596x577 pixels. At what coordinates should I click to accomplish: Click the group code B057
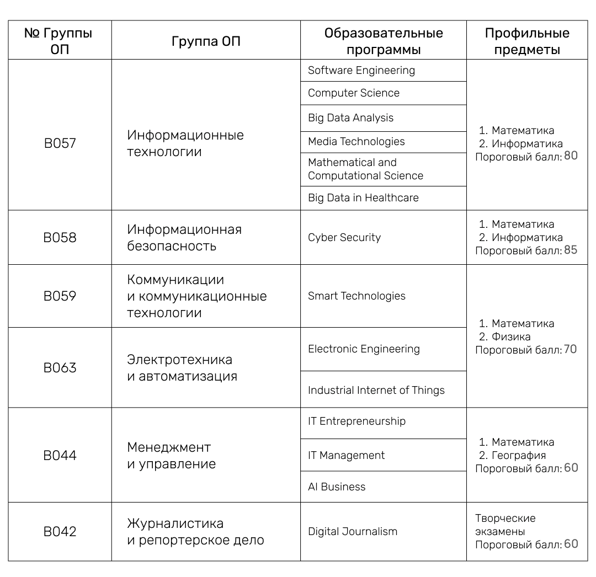point(60,143)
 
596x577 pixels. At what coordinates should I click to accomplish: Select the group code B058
point(60,238)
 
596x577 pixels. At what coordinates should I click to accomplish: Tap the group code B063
point(60,368)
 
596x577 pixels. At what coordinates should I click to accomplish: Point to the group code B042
point(60,532)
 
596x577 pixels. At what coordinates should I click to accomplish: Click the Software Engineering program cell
point(361,71)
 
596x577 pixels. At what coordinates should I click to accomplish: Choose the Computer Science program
point(354,93)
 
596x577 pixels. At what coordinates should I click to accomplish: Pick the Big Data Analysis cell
point(351,118)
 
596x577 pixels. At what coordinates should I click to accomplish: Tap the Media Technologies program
point(356,142)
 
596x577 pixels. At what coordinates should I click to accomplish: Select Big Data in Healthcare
point(363,198)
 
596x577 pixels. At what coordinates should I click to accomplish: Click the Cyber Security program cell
point(344,238)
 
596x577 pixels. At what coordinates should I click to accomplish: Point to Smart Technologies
point(356,296)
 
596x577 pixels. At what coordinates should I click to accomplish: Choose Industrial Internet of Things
point(376,391)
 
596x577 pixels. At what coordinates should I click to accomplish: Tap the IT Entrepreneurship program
point(356,421)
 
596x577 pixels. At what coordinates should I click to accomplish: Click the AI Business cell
point(337,487)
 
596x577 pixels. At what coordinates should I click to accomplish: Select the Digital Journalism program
point(353,532)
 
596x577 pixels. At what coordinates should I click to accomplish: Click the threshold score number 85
point(571,250)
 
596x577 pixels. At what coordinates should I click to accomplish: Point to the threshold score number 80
point(571,156)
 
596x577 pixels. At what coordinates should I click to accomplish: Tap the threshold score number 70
point(570,350)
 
